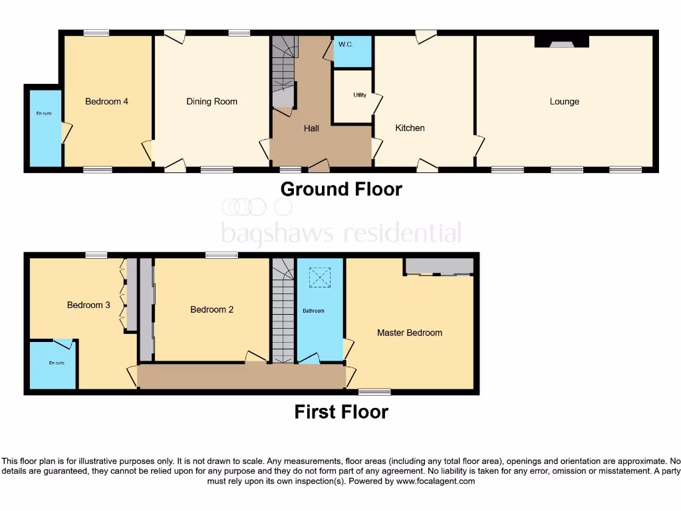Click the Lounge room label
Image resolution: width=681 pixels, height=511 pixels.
point(564,102)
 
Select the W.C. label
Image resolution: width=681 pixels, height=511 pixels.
point(344,45)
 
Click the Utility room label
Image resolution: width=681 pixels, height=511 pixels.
point(359,95)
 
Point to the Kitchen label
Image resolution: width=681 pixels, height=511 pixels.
point(410,128)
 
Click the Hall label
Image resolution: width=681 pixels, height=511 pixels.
point(312,128)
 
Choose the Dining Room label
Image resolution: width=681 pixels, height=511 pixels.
point(211,102)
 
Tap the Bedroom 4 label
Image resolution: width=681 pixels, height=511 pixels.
point(106,102)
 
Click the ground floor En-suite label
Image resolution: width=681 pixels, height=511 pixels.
point(44,114)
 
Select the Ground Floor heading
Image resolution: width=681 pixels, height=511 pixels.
point(341,189)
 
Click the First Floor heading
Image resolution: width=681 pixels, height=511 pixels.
point(341,412)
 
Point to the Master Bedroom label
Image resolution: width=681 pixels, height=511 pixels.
point(409,333)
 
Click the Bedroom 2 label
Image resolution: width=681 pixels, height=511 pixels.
point(211,309)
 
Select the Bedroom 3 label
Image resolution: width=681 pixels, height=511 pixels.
point(88,305)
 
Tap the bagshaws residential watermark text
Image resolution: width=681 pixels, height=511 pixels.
point(341,234)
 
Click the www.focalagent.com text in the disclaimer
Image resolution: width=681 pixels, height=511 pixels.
point(436,481)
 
